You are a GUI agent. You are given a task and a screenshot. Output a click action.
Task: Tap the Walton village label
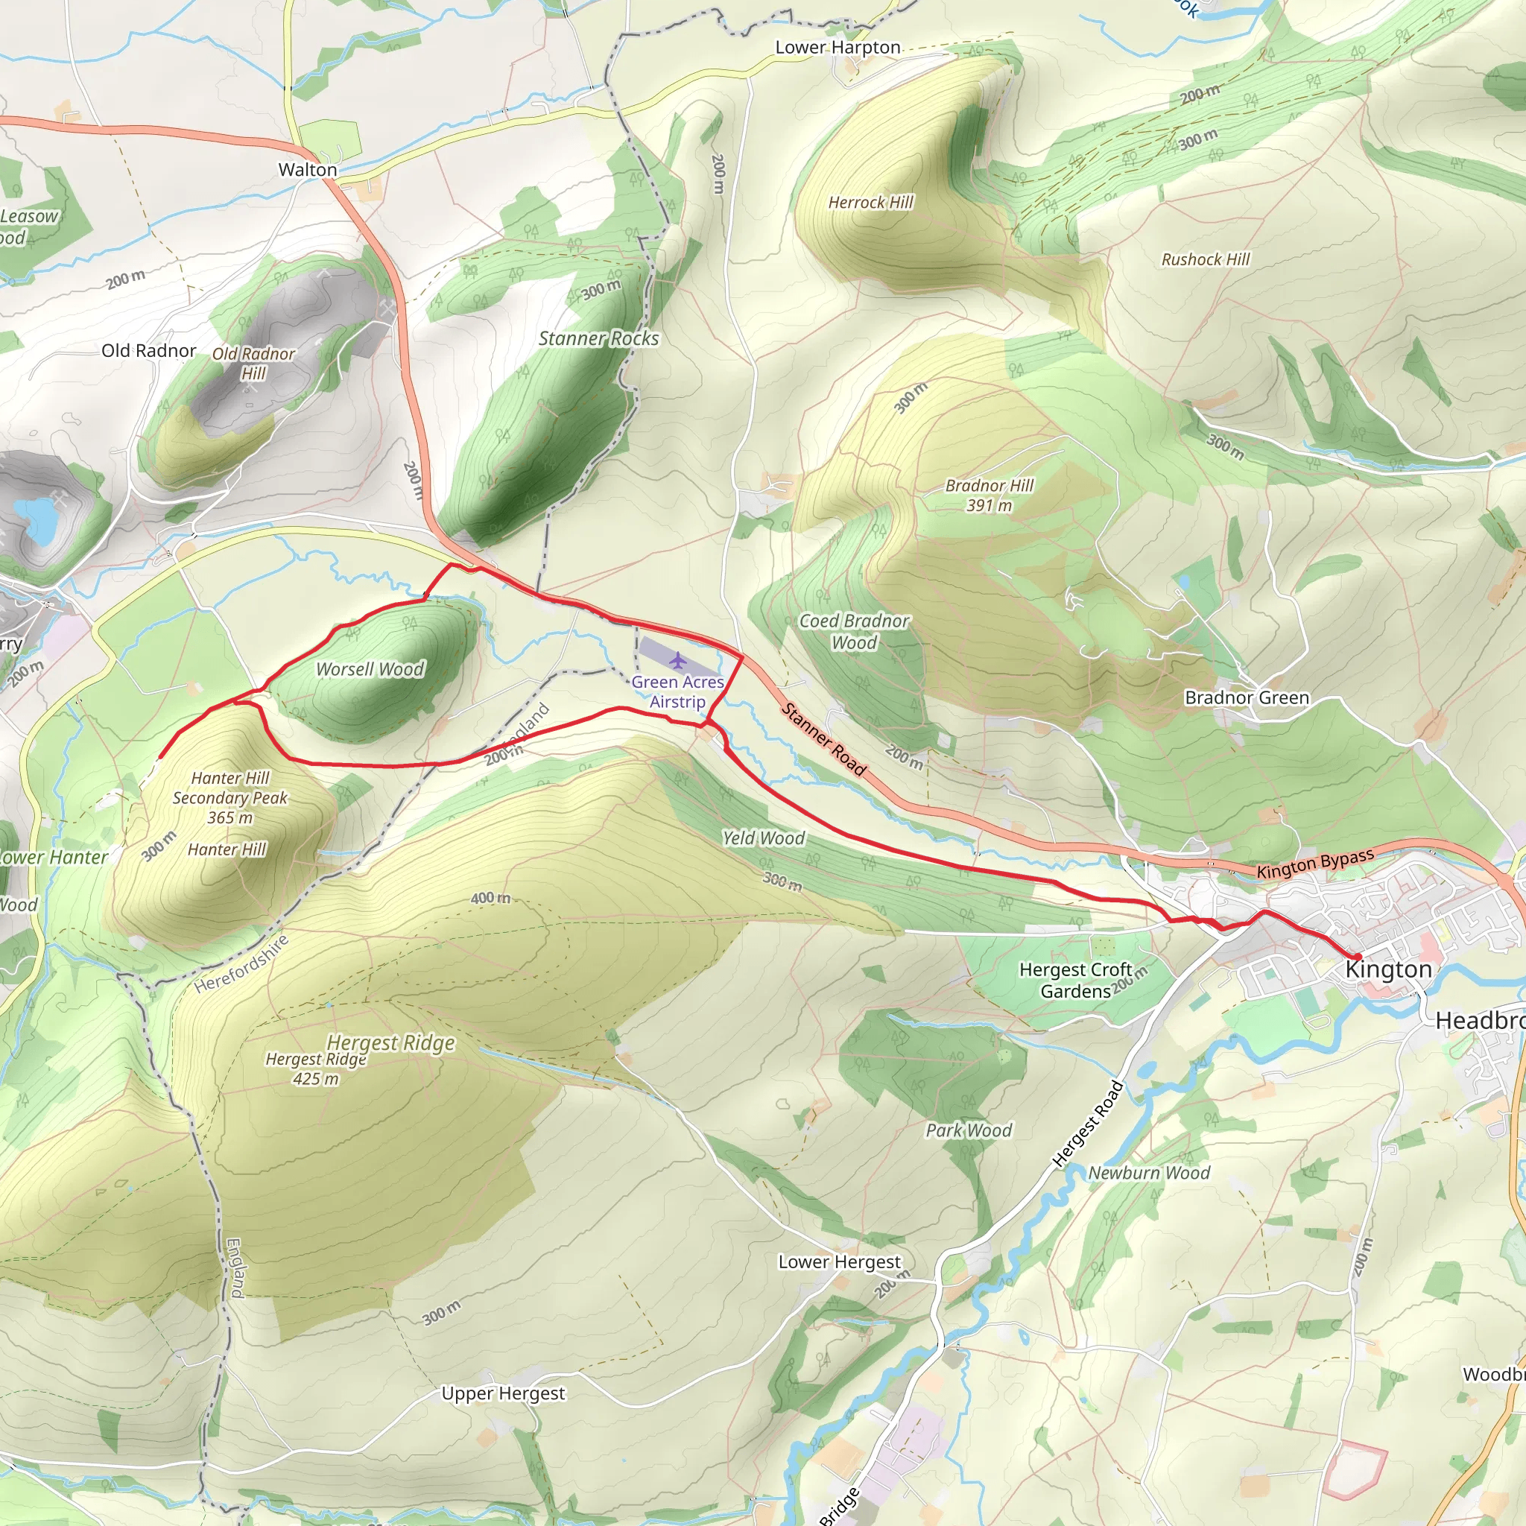[x=307, y=170]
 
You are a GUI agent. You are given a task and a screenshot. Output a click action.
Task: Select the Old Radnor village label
[x=148, y=351]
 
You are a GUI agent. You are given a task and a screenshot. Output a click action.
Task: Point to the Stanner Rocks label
[x=599, y=339]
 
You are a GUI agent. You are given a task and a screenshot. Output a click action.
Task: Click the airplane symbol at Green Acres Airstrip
[x=677, y=659]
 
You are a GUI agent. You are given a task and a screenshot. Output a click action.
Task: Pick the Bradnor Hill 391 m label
[x=989, y=496]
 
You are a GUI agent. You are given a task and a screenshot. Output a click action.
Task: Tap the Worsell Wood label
[x=370, y=670]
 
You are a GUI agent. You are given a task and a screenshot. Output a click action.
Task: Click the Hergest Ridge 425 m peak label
[x=315, y=1068]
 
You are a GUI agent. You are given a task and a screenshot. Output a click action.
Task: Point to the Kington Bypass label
[x=1315, y=864]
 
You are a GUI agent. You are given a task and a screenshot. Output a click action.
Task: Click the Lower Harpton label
[x=838, y=48]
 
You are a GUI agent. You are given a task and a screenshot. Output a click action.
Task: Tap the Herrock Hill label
[x=870, y=203]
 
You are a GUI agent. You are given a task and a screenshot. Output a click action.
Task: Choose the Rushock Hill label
[x=1206, y=260]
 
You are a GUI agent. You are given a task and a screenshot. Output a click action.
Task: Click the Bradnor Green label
[x=1247, y=698]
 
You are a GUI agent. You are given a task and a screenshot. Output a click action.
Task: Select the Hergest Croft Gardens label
[x=1075, y=981]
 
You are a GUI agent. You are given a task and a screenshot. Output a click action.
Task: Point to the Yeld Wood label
[x=763, y=838]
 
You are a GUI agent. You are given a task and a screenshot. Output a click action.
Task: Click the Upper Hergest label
[x=503, y=1393]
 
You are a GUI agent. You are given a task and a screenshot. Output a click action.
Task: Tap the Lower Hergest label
[x=839, y=1262]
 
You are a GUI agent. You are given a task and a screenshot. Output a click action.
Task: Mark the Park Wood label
[x=969, y=1130]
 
